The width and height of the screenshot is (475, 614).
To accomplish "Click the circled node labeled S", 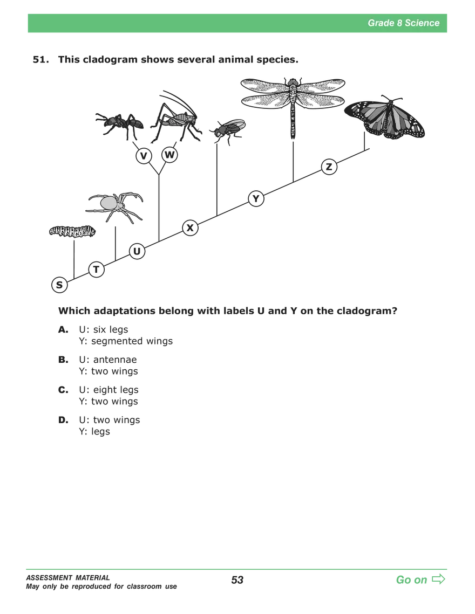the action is pos(59,285).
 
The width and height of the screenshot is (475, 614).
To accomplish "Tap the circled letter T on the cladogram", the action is pos(97,270).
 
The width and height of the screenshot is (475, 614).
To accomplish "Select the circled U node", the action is pos(137,251).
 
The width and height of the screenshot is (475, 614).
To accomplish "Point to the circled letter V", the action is pos(144,156).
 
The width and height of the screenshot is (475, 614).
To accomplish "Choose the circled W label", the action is pos(169,155).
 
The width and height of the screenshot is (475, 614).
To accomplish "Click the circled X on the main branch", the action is pos(190,227).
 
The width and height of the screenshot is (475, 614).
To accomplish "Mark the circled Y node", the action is pos(256,198).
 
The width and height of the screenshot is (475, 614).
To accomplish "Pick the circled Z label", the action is pos(329,167).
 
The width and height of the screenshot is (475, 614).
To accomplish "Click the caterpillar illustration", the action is pos(72,231).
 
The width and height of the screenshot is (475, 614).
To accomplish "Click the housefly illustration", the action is pos(227,131).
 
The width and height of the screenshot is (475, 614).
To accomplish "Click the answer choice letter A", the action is pos(63,330).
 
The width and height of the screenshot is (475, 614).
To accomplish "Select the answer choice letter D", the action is pos(63,420).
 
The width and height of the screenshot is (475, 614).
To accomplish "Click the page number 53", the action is pos(237,580).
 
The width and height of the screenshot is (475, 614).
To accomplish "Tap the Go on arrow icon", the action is pos(438,579).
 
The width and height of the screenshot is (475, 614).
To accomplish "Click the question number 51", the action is pos(41,59).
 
